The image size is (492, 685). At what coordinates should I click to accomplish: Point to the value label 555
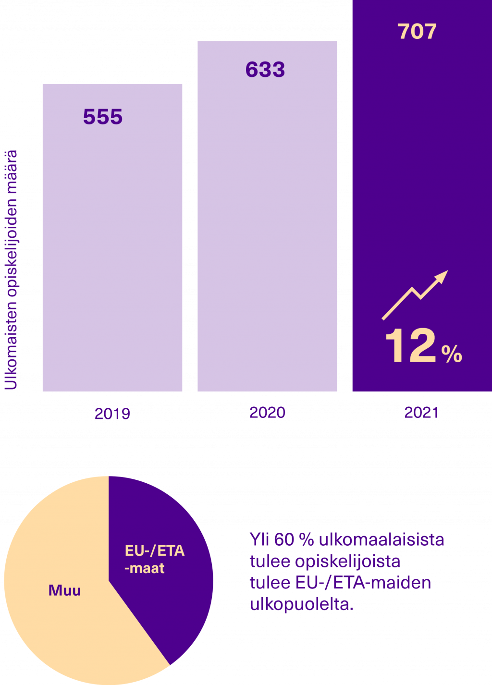[x=103, y=117]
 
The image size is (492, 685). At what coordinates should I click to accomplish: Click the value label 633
[x=265, y=70]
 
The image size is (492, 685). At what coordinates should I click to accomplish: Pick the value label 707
[x=417, y=32]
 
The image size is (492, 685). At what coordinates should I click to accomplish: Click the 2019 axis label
[x=112, y=414]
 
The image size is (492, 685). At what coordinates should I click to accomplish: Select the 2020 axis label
[x=267, y=413]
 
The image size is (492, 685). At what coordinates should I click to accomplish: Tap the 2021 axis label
[x=421, y=413]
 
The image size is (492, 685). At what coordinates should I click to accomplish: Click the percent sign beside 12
[x=452, y=354]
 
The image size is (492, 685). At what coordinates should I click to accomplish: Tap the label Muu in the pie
[x=64, y=590]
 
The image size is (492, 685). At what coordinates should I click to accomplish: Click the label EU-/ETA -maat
[x=154, y=559]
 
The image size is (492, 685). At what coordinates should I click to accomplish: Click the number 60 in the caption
[x=284, y=540]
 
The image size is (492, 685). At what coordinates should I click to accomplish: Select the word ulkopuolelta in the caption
[x=301, y=604]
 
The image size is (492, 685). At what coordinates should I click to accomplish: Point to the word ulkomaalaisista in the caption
[x=381, y=540]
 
